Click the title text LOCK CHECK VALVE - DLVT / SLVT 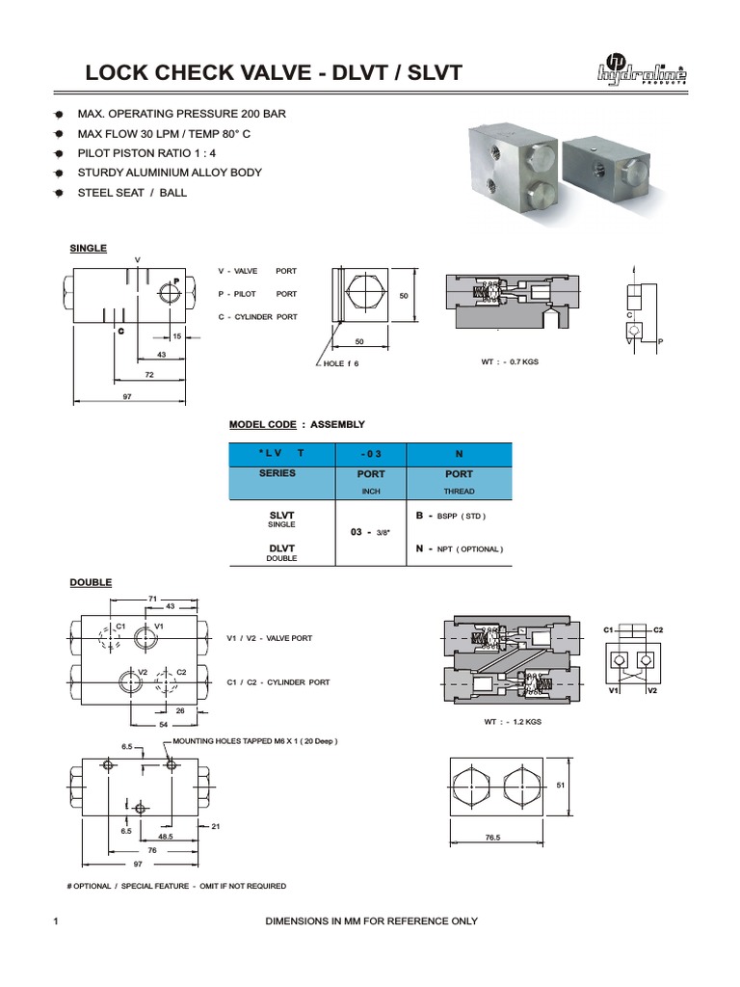274,73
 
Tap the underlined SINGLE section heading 88,249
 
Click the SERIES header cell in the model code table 277,473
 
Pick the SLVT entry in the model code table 281,516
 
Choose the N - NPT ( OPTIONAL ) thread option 459,548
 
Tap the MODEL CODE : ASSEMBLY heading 297,424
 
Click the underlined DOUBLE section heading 91,582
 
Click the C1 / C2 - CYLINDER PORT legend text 278,682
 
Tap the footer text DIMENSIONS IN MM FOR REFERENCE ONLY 371,921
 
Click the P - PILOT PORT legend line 257,294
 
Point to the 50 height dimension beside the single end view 405,296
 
